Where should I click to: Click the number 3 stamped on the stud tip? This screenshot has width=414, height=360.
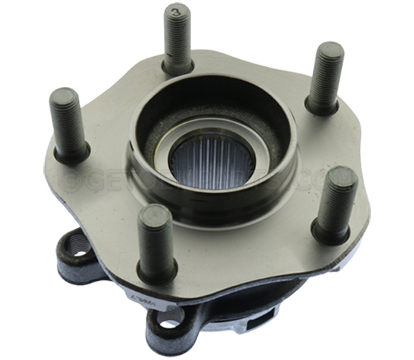176,13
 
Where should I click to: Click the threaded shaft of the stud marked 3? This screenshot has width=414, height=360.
176,40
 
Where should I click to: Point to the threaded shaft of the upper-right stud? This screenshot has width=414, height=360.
326,76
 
